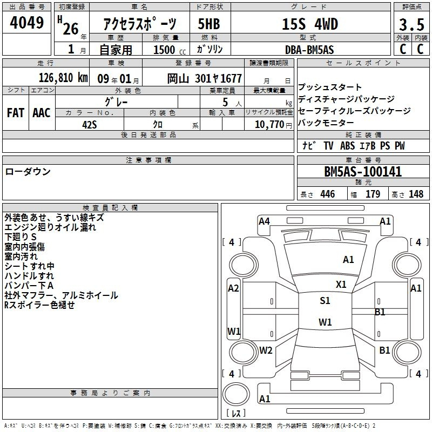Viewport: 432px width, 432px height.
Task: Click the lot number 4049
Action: click(x=26, y=23)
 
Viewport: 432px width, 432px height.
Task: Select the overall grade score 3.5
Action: click(x=411, y=24)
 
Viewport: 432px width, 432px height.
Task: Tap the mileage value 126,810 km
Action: click(x=63, y=78)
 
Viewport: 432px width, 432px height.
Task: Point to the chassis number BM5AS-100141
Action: click(x=363, y=172)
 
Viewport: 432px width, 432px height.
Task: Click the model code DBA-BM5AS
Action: click(x=309, y=50)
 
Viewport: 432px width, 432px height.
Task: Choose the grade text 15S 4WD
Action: click(x=310, y=24)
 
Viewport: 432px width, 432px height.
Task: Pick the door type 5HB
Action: click(x=209, y=24)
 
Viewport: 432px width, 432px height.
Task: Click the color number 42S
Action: click(x=90, y=125)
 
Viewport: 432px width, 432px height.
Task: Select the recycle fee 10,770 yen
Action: click(x=273, y=125)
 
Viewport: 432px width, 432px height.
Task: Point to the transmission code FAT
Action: click(x=16, y=113)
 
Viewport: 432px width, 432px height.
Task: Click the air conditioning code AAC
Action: click(x=42, y=113)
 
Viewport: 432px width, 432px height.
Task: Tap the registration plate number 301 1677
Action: click(x=218, y=78)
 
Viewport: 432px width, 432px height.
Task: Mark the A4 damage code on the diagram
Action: click(x=264, y=221)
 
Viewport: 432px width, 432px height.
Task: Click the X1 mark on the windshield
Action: click(x=341, y=285)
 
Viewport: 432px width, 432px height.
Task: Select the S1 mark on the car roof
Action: click(x=325, y=300)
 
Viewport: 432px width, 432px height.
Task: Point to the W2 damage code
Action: click(x=266, y=350)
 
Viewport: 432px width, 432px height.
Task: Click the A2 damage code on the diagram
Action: click(x=233, y=288)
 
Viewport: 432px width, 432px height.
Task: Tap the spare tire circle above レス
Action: click(x=236, y=394)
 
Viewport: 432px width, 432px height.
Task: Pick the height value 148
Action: click(x=416, y=194)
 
